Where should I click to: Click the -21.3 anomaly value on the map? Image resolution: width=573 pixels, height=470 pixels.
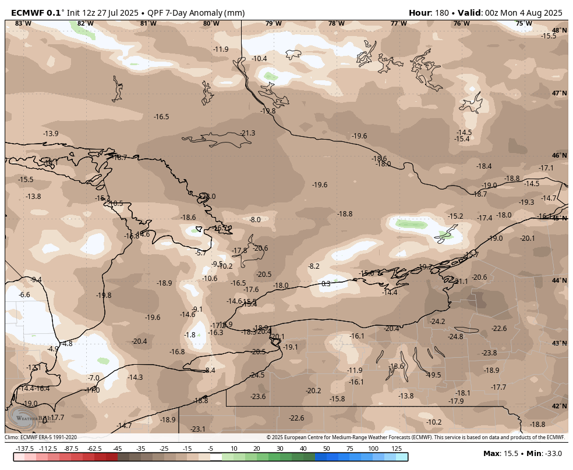pyautogui.click(x=247, y=133)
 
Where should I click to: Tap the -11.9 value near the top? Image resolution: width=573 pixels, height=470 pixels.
pyautogui.click(x=221, y=49)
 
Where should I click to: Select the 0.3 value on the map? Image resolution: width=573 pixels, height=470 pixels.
pyautogui.click(x=326, y=284)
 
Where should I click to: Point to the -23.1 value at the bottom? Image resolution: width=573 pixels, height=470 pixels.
pyautogui.click(x=198, y=429)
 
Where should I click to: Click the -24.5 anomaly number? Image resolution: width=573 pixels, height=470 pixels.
pyautogui.click(x=257, y=375)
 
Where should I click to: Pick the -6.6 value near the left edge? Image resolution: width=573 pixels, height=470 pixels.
pyautogui.click(x=24, y=295)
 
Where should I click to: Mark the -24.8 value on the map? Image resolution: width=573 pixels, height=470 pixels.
pyautogui.click(x=455, y=337)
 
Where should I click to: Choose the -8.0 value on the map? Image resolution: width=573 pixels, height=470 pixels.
pyautogui.click(x=255, y=220)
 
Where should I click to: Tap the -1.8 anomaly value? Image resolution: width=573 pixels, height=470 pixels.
pyautogui.click(x=190, y=335)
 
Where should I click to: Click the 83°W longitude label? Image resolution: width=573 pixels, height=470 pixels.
pyautogui.click(x=23, y=23)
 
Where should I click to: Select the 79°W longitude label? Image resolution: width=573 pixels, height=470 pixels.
pyautogui.click(x=273, y=23)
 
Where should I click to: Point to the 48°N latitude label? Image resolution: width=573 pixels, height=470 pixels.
pyautogui.click(x=559, y=30)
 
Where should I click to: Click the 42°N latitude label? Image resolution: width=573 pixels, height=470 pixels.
pyautogui.click(x=559, y=406)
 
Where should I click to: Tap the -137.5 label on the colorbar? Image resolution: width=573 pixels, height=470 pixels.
pyautogui.click(x=25, y=448)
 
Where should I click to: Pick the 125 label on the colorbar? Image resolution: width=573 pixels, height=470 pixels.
pyautogui.click(x=397, y=448)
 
